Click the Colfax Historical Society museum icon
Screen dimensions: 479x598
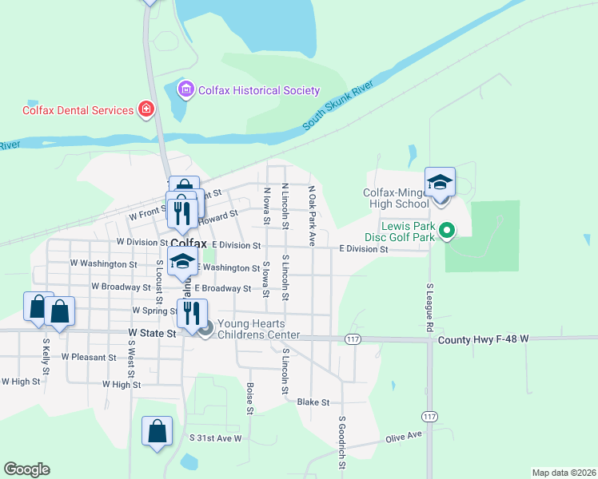[186, 89]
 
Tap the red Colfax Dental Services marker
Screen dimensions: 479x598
[146, 109]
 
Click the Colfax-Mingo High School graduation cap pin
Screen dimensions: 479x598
[440, 184]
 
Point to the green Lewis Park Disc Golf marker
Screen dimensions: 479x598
[448, 232]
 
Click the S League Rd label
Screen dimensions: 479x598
[429, 307]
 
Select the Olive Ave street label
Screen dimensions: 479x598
[404, 437]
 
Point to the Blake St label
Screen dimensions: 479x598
[313, 402]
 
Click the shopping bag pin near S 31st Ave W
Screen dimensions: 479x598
[157, 432]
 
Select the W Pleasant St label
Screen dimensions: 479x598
[90, 357]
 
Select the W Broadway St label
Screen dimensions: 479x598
[121, 286]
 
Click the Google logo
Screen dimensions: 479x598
[26, 469]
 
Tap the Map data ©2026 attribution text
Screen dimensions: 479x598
[563, 473]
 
